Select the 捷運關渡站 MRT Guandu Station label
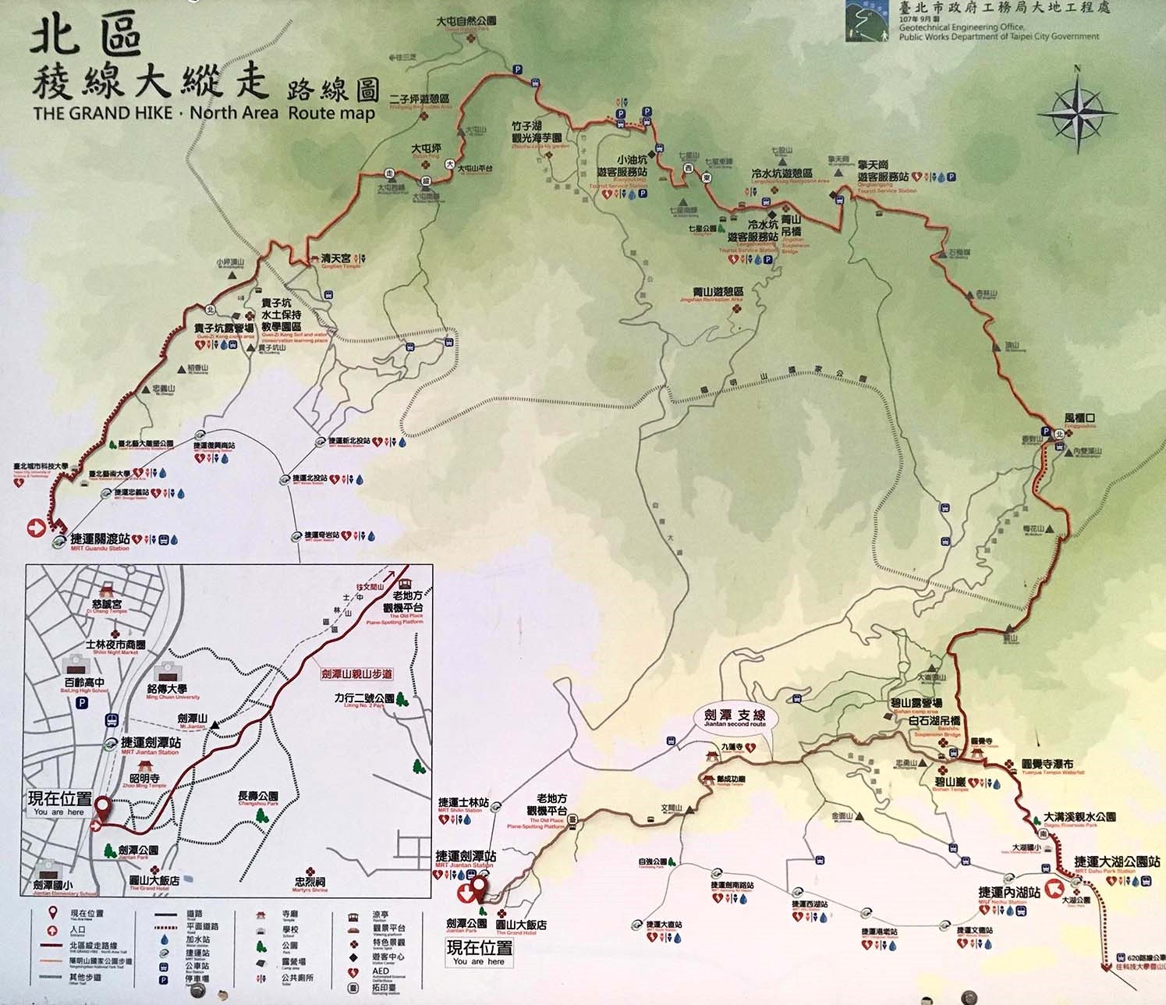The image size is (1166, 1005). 100,539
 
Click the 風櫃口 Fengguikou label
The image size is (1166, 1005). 1079,418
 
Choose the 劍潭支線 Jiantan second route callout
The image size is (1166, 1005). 734,716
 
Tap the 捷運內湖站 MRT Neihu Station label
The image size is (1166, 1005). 1008,892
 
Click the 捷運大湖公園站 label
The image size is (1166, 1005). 1116,861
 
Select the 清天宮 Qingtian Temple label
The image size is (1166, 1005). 336,258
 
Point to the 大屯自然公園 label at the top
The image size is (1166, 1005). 466,21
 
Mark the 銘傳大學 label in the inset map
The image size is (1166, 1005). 166,689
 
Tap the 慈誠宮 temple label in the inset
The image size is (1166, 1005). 107,604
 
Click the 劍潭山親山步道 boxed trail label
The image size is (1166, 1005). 356,673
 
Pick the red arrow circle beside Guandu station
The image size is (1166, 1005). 36,528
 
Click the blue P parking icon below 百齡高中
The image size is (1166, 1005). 82,703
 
